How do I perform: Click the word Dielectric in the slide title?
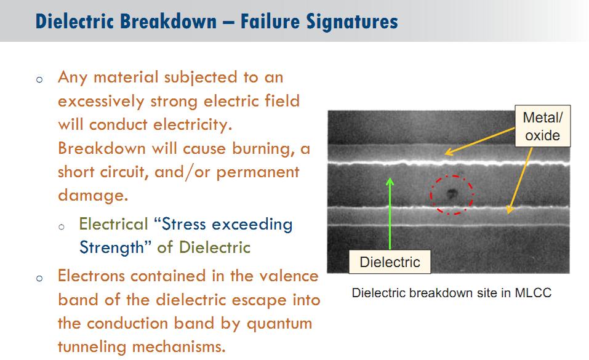tap(74, 21)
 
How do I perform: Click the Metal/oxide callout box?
tap(542, 126)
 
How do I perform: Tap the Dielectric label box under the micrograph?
tap(390, 262)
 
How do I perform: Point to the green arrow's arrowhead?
tap(390, 182)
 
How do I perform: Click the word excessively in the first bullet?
tap(101, 102)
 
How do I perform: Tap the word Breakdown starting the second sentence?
tap(102, 148)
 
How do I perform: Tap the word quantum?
tap(279, 324)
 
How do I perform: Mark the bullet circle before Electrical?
tap(62, 226)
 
